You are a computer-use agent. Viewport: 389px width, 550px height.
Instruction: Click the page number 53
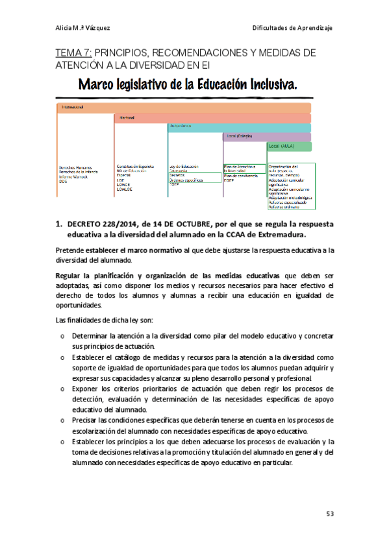[x=329, y=514]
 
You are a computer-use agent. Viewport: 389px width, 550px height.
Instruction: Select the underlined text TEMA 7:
[x=75, y=52]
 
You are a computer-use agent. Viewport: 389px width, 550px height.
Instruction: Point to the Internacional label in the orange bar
[x=73, y=106]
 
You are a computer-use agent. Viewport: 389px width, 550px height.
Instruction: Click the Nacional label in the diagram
[x=127, y=118]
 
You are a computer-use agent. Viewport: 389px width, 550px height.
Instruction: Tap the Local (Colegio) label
[x=240, y=137]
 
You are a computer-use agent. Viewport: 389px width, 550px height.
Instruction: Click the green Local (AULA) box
[x=289, y=147]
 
